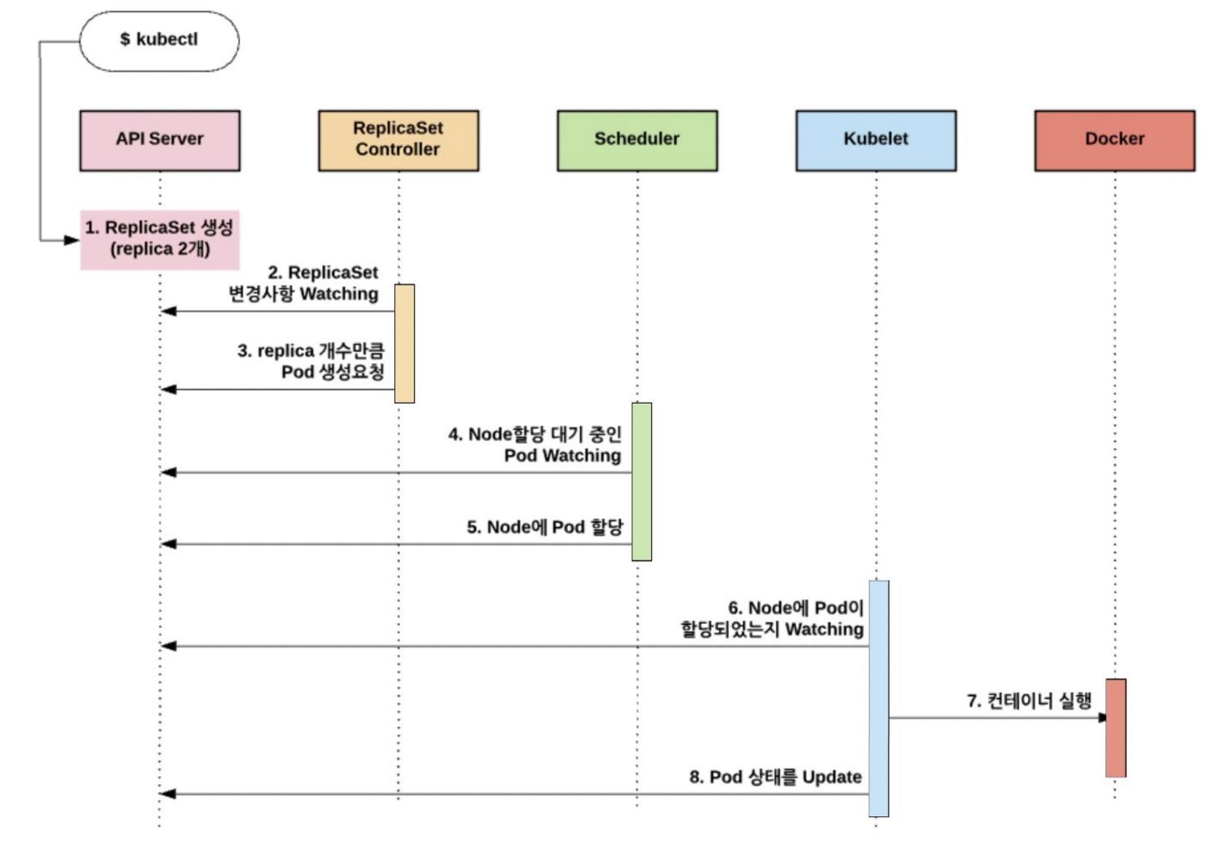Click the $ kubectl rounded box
click(159, 41)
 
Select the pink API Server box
click(160, 140)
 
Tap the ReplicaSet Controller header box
click(399, 140)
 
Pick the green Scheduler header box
click(638, 140)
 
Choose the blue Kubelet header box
click(876, 140)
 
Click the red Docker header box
click(1115, 140)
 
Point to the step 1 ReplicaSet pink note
click(160, 239)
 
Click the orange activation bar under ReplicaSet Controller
click(405, 343)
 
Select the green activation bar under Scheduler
click(642, 482)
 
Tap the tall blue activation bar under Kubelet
click(879, 698)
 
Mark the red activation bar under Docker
click(1116, 728)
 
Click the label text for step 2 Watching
click(304, 283)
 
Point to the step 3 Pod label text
click(311, 362)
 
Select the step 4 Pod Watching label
click(535, 445)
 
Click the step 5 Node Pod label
click(545, 527)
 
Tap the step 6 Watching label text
click(772, 618)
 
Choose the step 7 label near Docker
click(1029, 701)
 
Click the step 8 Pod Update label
click(775, 777)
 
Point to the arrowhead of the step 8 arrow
click(168, 794)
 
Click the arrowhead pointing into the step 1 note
click(72, 240)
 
